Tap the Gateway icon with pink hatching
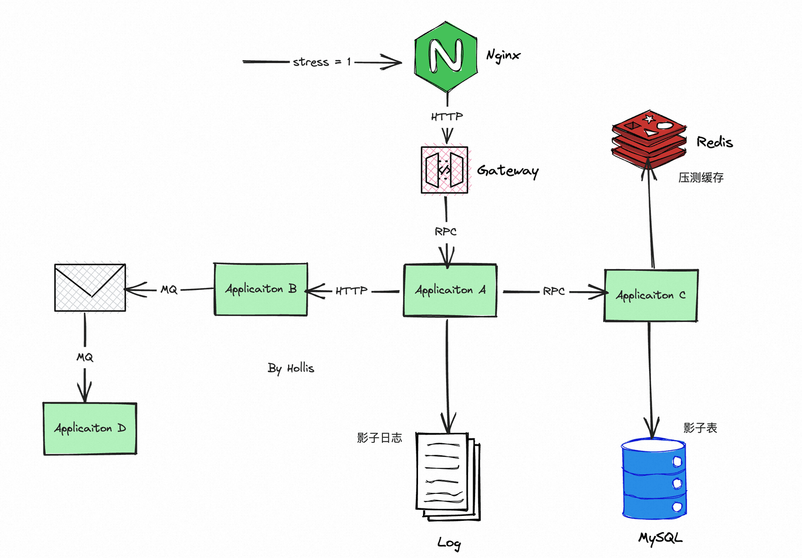(x=445, y=170)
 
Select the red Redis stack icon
(x=649, y=139)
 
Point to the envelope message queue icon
(x=90, y=288)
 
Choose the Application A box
(x=450, y=290)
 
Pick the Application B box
(x=261, y=289)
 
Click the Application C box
(x=651, y=296)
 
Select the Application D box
(x=90, y=428)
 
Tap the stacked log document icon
(x=448, y=476)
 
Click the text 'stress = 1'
(x=321, y=62)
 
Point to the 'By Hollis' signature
(x=291, y=368)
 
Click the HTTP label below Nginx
(x=447, y=116)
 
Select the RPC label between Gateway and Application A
(x=446, y=231)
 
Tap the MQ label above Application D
(x=85, y=357)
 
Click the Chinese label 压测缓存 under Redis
(x=701, y=177)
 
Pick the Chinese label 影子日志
(x=379, y=437)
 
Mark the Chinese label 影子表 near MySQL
(x=700, y=427)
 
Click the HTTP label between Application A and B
(x=351, y=291)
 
